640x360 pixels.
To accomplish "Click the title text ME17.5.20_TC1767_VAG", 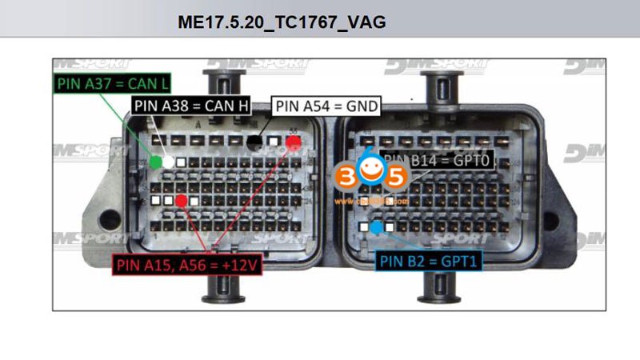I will (x=282, y=22).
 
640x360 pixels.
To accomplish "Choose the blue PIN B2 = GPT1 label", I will (x=427, y=261).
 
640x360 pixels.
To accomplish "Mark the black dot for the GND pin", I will (x=254, y=142).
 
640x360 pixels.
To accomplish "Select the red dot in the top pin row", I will (x=294, y=142).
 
